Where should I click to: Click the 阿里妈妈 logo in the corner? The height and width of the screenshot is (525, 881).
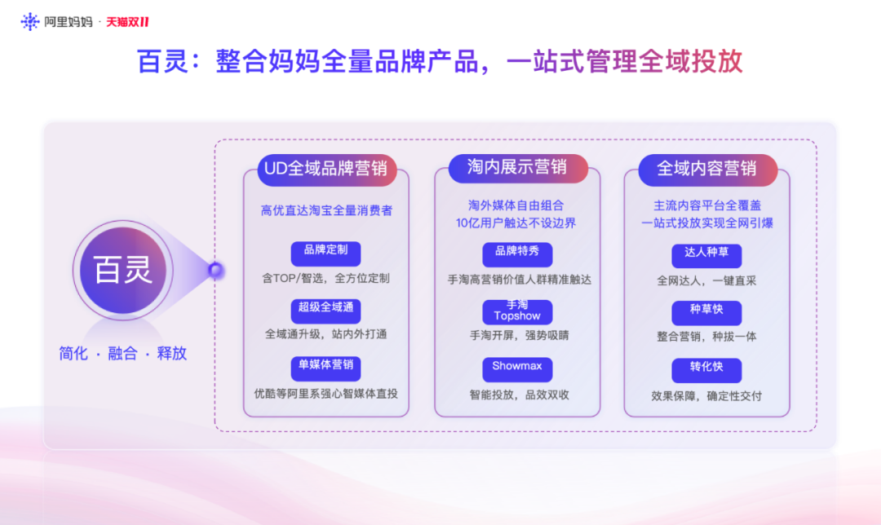[55, 22]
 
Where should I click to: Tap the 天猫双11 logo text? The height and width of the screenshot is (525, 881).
[127, 22]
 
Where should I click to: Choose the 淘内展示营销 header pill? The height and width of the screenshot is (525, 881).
[517, 168]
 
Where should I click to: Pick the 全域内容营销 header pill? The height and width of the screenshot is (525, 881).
[706, 169]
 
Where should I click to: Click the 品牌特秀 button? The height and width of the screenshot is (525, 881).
[517, 253]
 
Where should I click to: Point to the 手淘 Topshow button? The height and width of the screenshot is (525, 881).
[517, 311]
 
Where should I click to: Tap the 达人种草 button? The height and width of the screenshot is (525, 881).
[706, 254]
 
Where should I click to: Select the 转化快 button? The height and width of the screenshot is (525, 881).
[706, 369]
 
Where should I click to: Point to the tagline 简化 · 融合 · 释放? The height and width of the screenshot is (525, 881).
[123, 354]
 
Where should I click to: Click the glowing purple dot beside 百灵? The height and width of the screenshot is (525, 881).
[216, 270]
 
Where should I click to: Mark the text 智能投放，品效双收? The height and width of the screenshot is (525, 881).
[518, 395]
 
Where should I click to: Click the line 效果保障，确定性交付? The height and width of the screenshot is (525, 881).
[706, 396]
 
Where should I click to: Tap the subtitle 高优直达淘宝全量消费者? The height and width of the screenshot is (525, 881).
[326, 210]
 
